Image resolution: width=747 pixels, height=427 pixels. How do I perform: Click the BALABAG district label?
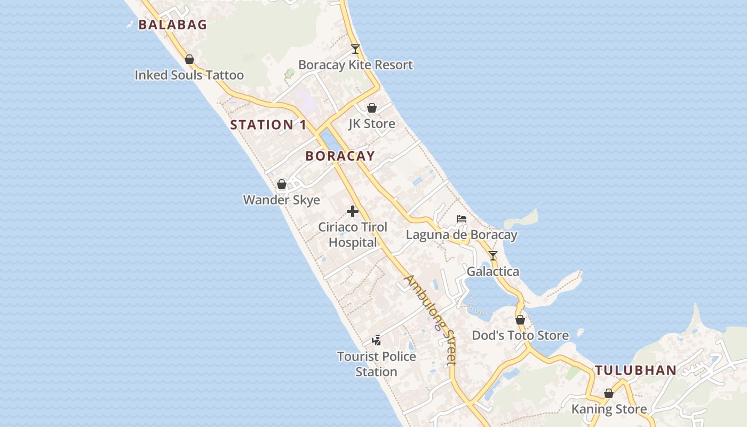pos(172,25)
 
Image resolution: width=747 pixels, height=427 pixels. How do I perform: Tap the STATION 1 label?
pos(268,125)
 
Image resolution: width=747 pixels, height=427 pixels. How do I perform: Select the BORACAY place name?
pos(340,156)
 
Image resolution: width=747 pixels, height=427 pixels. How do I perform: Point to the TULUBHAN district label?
pos(635,370)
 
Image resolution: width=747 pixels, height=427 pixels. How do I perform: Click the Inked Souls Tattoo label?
pos(189,75)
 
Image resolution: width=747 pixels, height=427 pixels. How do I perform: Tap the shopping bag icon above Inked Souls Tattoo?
pos(189,59)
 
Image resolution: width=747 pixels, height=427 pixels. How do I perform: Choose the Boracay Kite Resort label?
pos(355,65)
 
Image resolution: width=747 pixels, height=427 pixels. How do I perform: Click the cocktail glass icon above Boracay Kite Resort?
pos(355,49)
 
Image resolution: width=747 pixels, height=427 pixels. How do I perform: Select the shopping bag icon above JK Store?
pos(372,108)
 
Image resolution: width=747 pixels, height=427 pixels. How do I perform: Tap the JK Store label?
pos(372,124)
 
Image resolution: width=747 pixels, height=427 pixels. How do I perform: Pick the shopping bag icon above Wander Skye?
pos(282,184)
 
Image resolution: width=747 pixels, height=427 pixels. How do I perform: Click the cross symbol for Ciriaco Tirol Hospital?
pos(353,211)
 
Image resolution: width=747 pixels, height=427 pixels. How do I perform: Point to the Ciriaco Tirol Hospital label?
pos(353,235)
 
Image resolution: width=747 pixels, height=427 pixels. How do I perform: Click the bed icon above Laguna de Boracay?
pos(462,219)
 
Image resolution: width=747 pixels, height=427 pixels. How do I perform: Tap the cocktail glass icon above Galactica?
pos(493,256)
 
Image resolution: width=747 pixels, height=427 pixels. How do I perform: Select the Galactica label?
pos(493,272)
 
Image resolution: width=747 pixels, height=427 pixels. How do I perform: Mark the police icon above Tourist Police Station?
pos(376,340)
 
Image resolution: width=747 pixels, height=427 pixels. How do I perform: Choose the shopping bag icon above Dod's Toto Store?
pos(520,320)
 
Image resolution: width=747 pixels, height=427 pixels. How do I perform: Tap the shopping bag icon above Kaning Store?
pos(609,393)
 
